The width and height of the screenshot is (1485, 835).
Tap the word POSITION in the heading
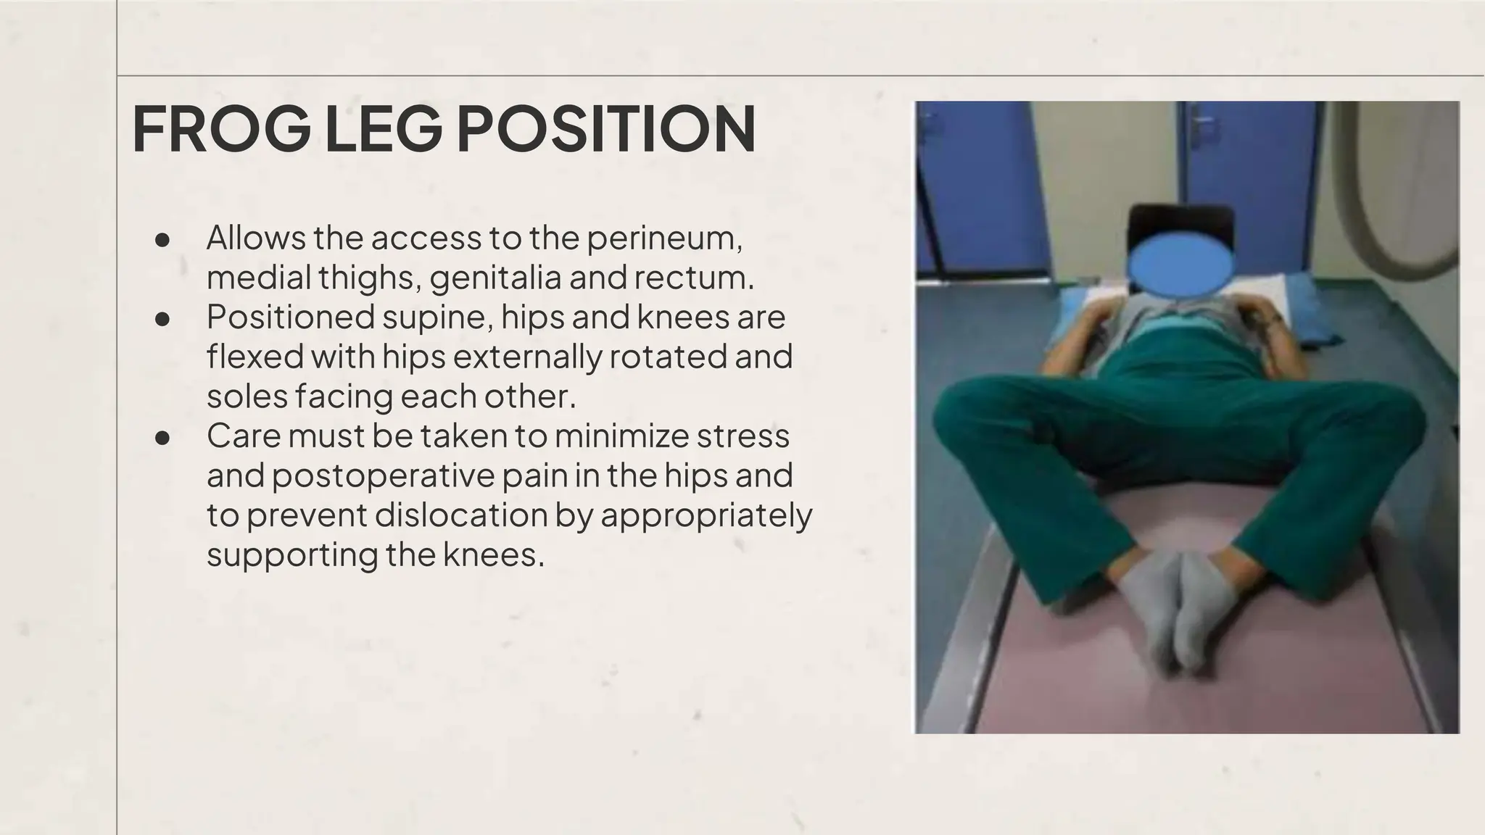coord(605,130)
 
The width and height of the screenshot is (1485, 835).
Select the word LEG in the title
coord(383,130)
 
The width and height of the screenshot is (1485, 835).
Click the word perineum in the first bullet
coord(664,238)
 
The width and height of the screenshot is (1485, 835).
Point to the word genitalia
coord(495,278)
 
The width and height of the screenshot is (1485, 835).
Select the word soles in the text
coord(247,396)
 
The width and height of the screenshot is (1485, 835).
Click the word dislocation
coord(461,515)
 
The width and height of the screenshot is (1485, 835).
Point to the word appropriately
coord(706,515)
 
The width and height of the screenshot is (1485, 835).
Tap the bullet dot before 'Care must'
coord(162,437)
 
